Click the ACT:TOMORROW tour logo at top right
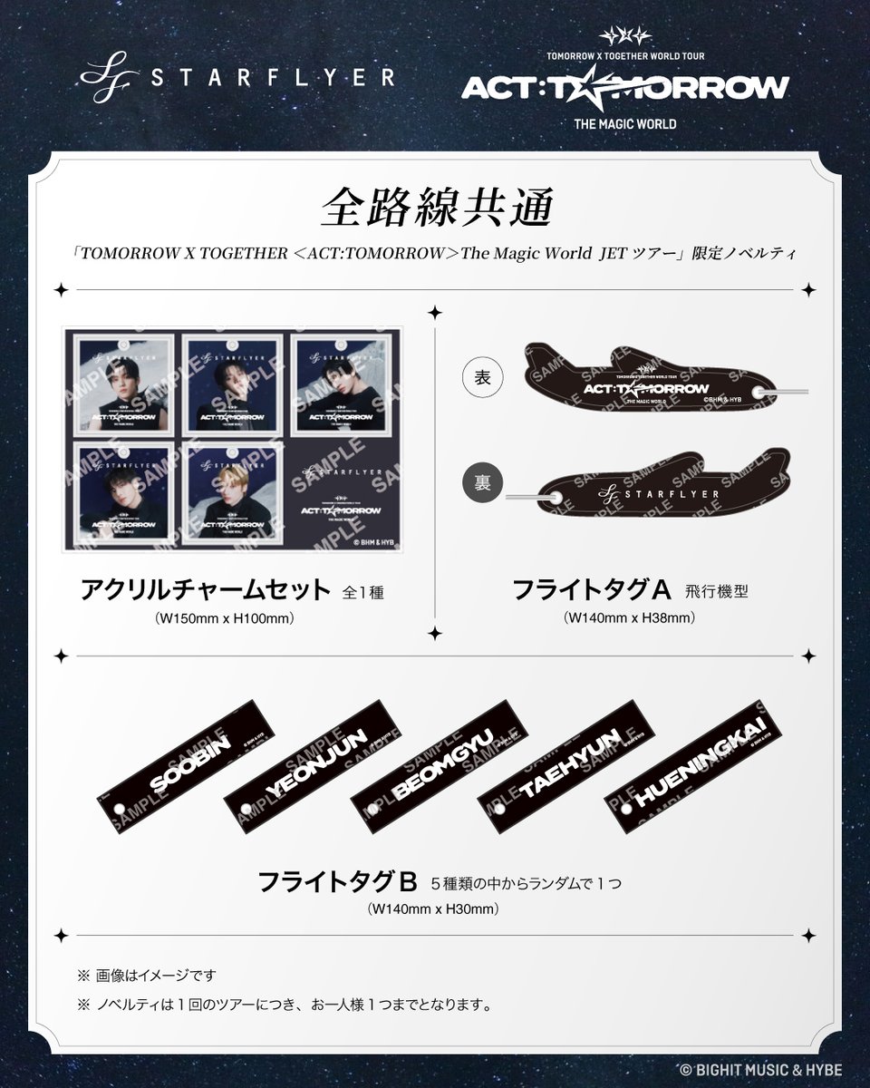tap(624, 87)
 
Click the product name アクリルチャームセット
tap(207, 592)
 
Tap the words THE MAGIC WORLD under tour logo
tap(624, 122)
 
